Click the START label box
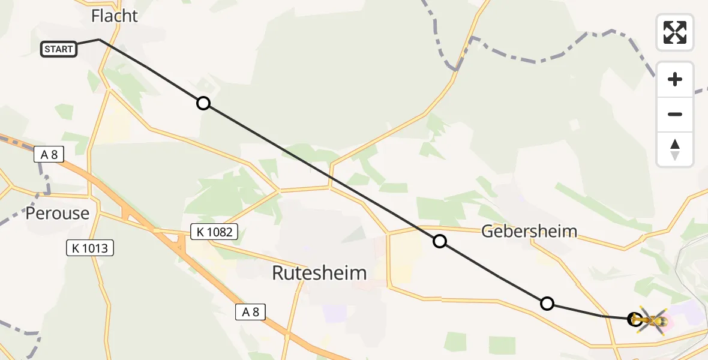pos(59,49)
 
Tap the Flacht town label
pos(115,16)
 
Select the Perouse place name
pos(58,213)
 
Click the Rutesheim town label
pos(319,273)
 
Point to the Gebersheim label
pos(530,231)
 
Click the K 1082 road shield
pos(215,232)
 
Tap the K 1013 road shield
pos(90,247)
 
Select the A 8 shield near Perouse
pos(49,155)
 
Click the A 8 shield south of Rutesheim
pos(250,311)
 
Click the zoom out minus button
pos(675,114)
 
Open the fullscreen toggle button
pos(675,32)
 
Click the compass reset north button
pos(675,149)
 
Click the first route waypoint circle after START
pos(203,103)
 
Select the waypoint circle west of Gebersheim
pos(440,241)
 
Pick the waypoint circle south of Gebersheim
pos(547,304)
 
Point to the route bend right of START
pos(99,40)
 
